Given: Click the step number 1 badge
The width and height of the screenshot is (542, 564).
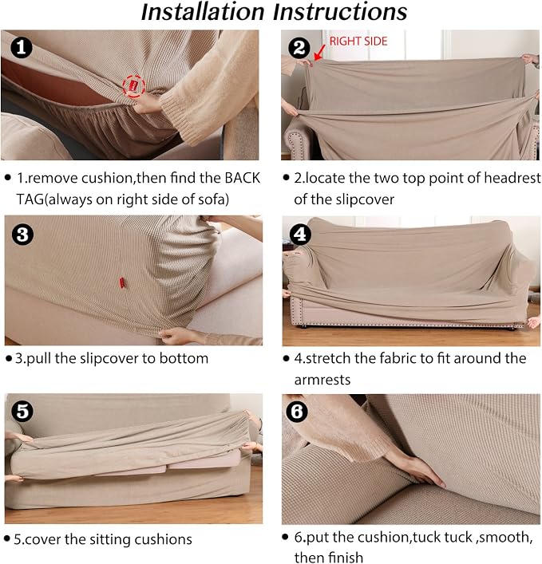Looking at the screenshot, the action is tap(22, 48).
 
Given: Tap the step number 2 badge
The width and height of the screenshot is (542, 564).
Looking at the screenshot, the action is tap(299, 48).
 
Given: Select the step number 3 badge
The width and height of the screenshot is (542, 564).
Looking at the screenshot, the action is tap(22, 235).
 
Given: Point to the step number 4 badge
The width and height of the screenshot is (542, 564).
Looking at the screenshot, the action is tap(300, 235).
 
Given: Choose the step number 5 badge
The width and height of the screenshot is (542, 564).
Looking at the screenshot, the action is tap(22, 411).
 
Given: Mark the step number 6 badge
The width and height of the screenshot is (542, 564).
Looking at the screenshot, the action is tap(297, 411).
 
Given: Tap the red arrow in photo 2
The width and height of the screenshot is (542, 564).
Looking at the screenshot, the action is tap(319, 53).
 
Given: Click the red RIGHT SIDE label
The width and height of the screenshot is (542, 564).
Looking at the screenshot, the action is tap(358, 41).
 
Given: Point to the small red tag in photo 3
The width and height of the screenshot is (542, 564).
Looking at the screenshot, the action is tap(122, 282).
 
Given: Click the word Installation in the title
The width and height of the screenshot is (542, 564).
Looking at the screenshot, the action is tap(203, 12).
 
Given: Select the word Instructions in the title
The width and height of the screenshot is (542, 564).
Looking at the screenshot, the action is tap(340, 12).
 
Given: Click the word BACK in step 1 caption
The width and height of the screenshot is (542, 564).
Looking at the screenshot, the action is tap(242, 178).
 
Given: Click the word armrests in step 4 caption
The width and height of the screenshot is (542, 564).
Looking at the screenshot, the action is tap(322, 380).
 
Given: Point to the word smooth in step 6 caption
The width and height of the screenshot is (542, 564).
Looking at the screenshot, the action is tap(505, 538).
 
